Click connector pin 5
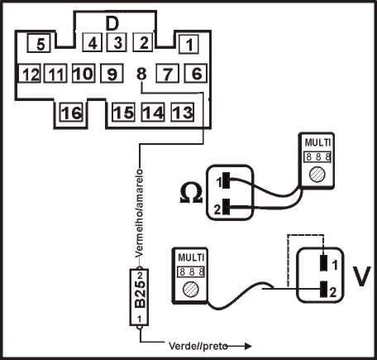coord(40,42)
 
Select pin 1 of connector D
coord(189,42)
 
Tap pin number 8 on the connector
coord(141,74)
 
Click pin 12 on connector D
coord(31,74)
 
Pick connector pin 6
coord(196,74)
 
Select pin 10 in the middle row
coord(82,74)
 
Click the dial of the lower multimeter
coord(189,290)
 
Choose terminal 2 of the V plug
coord(322,290)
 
